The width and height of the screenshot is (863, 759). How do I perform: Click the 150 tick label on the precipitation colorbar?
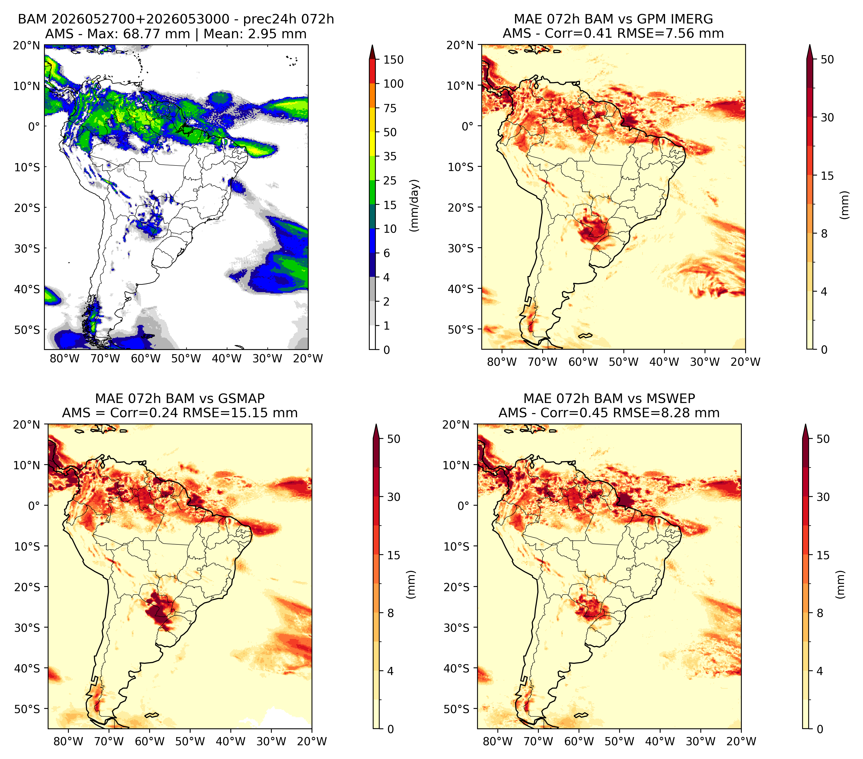click(x=394, y=60)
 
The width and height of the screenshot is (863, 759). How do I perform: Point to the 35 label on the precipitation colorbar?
click(x=390, y=156)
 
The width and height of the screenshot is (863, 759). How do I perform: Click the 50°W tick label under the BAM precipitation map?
click(x=186, y=359)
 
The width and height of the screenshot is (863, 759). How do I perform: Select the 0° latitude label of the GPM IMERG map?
click(x=467, y=126)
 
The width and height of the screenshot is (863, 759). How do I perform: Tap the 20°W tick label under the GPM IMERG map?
click(x=745, y=362)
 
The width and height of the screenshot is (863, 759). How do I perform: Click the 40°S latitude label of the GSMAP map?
click(x=27, y=668)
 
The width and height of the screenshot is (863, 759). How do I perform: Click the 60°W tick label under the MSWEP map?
click(x=579, y=741)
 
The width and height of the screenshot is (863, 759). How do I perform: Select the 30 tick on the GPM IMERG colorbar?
click(x=827, y=117)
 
